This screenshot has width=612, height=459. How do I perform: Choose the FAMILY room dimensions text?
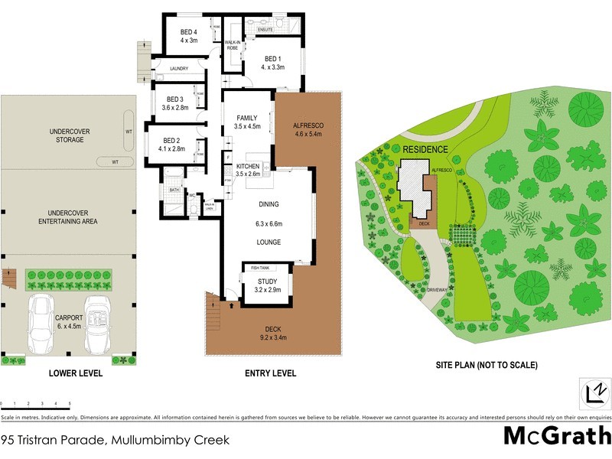click(248, 127)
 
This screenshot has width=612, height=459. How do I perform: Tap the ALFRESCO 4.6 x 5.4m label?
click(308, 129)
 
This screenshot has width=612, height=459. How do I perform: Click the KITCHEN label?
click(248, 166)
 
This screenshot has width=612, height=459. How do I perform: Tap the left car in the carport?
click(43, 323)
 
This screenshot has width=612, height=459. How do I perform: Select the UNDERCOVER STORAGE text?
click(70, 135)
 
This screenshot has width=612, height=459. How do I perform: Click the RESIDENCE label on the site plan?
click(426, 149)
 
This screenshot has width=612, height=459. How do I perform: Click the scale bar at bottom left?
click(36, 402)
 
